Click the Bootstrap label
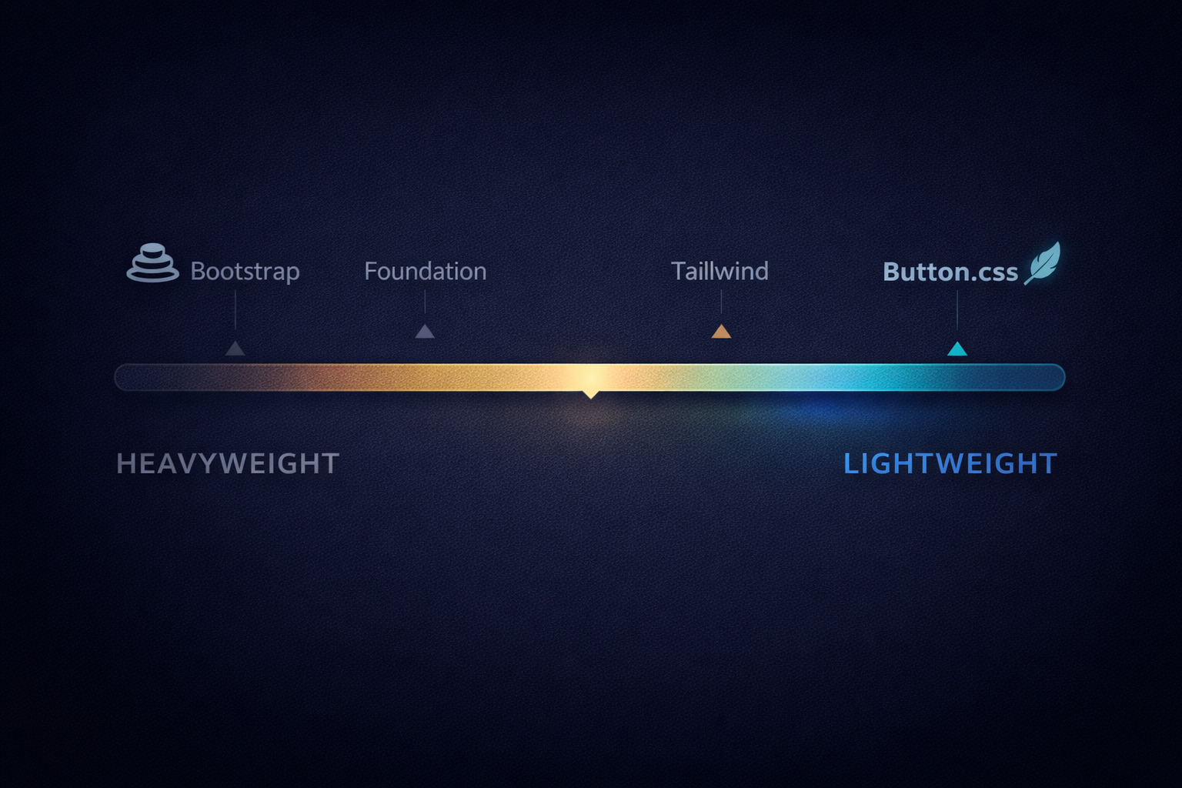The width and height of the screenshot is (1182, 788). pos(245,272)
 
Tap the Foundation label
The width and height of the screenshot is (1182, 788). pos(425,272)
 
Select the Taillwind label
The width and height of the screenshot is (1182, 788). pos(720,272)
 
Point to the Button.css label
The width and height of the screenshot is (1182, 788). pos(950,272)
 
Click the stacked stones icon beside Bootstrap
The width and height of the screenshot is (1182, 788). pos(152,263)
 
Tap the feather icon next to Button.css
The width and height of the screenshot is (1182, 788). pos(1043,262)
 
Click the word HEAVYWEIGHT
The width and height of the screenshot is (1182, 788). pos(228,464)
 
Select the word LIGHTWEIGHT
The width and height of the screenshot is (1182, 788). pos(950,464)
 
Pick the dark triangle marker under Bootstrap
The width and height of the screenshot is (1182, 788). pos(235,349)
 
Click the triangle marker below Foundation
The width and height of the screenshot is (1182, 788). pos(425,332)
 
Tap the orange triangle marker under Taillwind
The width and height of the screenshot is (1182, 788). pos(721,332)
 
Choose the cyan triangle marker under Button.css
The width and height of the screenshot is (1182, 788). pos(957,349)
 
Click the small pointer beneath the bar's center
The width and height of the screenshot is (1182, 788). pos(590,394)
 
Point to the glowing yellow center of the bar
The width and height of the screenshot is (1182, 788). pos(590,377)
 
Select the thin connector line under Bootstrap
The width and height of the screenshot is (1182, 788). pos(235,311)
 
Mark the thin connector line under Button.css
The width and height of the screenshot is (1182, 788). pos(957,311)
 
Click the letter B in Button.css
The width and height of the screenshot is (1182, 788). pos(891,272)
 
